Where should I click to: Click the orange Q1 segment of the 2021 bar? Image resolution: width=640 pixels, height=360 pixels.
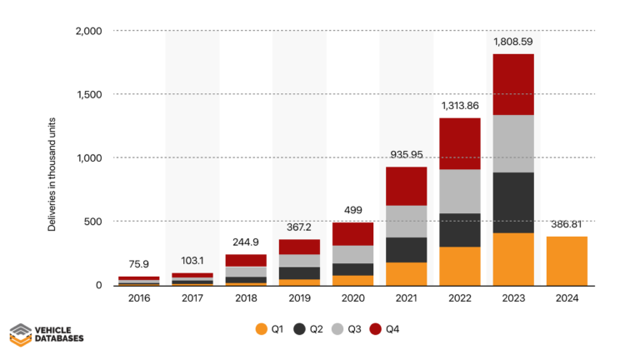coord(406,273)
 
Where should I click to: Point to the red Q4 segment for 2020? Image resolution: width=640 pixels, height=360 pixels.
coord(352,234)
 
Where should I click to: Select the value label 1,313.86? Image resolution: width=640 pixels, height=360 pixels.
coord(459,105)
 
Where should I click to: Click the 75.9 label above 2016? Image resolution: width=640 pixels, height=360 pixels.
coord(139,263)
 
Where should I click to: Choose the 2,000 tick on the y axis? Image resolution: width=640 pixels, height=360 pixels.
coord(88,31)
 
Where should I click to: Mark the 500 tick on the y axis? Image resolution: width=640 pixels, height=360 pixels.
coord(93,222)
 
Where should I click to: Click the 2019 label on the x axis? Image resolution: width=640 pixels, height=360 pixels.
coord(299,297)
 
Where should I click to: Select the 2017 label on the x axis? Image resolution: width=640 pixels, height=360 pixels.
coord(192,297)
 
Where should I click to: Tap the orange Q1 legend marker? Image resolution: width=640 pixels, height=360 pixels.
coord(261,330)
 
